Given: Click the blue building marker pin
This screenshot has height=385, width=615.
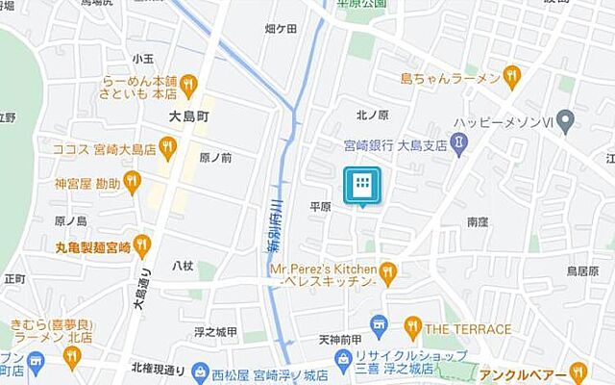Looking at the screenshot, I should point(362,185).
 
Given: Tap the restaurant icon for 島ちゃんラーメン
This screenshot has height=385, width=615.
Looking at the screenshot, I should point(511,74).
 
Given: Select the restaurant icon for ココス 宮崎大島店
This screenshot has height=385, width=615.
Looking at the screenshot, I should point(168,148).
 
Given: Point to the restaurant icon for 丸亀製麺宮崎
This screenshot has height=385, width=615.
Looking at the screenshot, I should point(143,245).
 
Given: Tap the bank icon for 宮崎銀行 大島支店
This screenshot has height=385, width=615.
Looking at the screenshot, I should point(459,144).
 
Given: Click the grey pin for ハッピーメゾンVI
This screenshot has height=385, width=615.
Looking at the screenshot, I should point(566,122).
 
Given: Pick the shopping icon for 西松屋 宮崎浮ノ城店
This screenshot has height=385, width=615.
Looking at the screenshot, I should point(201,372).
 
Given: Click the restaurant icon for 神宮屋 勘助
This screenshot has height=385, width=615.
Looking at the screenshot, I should point(132,182).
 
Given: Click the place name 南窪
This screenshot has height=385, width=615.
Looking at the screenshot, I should point(478,222).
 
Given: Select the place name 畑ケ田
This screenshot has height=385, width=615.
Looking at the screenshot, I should point(280,29).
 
